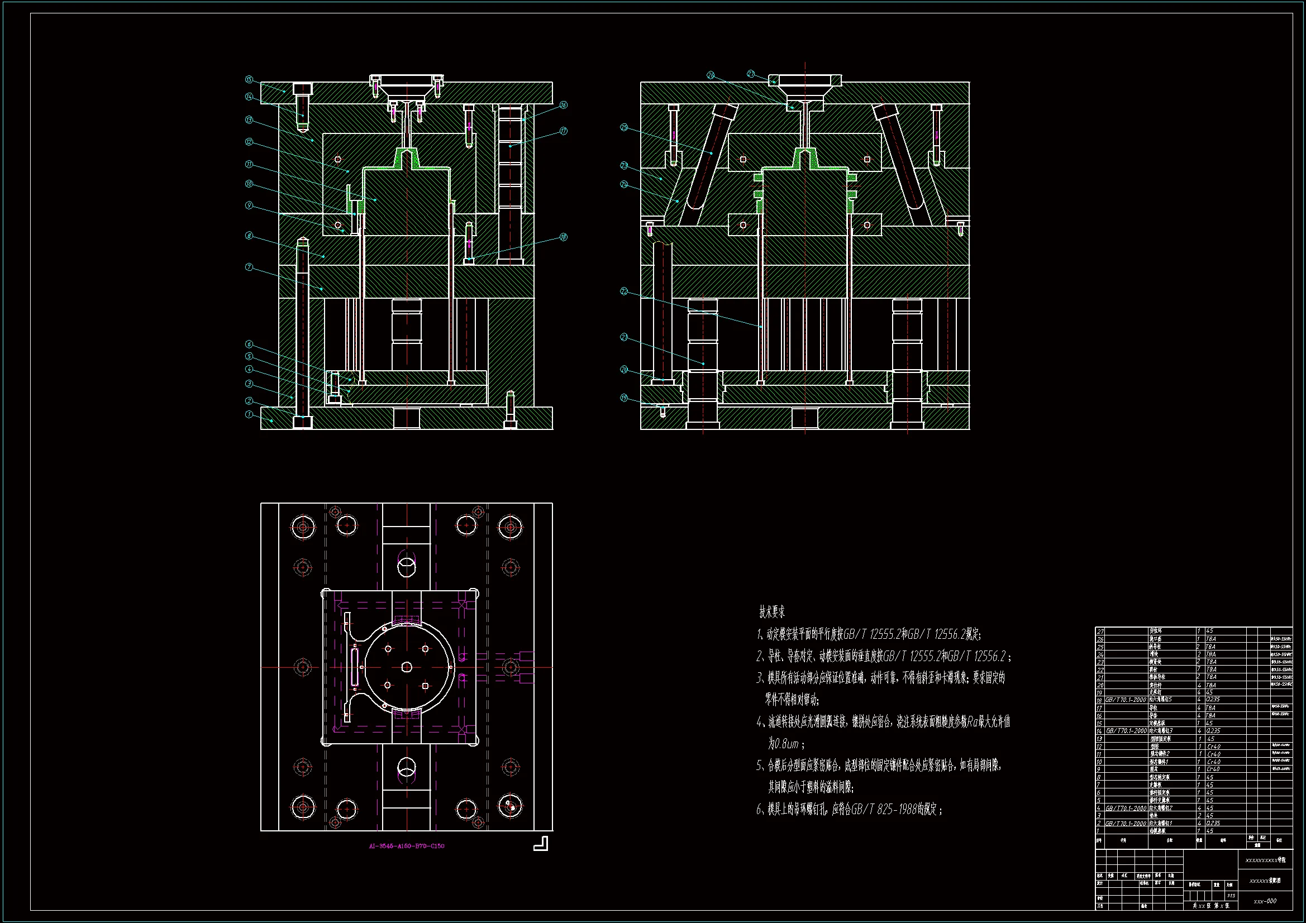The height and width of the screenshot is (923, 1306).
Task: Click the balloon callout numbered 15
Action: pos(249,80)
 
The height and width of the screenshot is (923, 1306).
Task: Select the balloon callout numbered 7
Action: pos(249,267)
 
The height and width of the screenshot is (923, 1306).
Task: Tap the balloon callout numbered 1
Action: pos(249,414)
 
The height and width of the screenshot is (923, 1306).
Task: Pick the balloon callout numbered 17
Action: pos(563,131)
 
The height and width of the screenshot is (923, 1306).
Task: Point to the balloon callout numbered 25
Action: pos(624,127)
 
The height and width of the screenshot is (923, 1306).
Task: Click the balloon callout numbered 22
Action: pos(624,291)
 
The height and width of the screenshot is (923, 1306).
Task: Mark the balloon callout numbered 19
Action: pos(624,398)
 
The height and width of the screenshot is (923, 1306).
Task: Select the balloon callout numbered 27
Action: pos(751,74)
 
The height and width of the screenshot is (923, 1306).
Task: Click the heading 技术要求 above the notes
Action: pos(772,612)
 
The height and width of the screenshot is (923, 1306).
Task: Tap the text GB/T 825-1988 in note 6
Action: pos(883,809)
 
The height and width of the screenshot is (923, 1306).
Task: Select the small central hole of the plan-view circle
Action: pos(406,667)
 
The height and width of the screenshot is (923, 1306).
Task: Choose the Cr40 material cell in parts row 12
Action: pos(1213,746)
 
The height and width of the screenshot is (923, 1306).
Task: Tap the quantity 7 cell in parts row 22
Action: pos(1199,669)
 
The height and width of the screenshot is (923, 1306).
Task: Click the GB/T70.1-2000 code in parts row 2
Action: pos(1126,823)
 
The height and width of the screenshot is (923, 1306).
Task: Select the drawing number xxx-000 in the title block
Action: pos(1265,901)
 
